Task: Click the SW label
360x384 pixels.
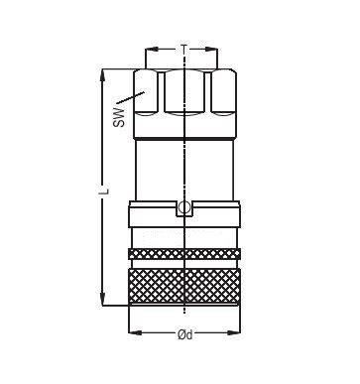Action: [119, 118]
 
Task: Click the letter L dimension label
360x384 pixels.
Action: [105, 191]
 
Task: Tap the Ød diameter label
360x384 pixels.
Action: [184, 334]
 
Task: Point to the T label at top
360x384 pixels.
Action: [184, 50]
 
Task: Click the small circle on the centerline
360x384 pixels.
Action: [184, 207]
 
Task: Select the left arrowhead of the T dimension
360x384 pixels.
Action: [152, 50]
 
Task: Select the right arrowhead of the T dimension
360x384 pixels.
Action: [211, 50]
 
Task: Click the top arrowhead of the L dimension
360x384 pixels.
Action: [103, 75]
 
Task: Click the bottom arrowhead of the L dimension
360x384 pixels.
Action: [103, 299]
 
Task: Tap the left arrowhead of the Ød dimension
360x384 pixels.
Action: [135, 332]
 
